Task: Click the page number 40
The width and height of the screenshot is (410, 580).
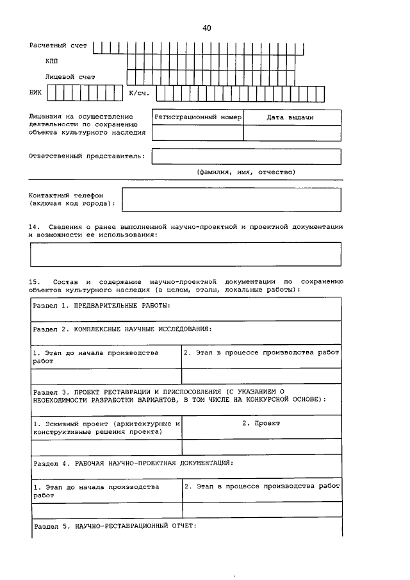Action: point(206,28)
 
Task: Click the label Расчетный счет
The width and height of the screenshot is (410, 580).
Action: point(58,46)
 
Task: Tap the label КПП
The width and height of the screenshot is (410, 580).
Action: point(51,61)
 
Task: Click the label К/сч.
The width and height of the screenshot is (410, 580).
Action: point(139,94)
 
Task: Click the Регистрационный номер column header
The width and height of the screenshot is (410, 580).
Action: point(198,118)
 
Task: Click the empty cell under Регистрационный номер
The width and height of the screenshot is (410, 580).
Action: point(198,133)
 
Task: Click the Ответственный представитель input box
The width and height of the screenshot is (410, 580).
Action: point(246,156)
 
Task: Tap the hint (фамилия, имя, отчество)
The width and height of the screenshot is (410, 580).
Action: point(245,172)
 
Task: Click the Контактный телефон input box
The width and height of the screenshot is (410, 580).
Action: point(231,199)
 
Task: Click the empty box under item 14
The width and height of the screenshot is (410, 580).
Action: point(186,254)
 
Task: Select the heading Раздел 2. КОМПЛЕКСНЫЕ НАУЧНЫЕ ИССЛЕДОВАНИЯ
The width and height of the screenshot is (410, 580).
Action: point(122,329)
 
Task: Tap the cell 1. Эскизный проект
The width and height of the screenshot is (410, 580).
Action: point(106,427)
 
